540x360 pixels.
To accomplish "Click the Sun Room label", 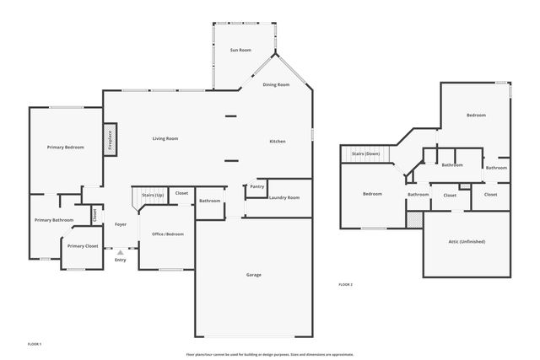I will pyautogui.click(x=240, y=51).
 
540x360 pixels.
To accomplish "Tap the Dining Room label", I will pyautogui.click(x=276, y=85).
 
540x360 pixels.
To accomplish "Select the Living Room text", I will pyautogui.click(x=165, y=138).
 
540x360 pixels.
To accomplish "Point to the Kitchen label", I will pyautogui.click(x=277, y=141).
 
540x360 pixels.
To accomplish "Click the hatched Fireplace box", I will pyautogui.click(x=110, y=140).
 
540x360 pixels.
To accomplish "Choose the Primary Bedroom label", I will pyautogui.click(x=65, y=148).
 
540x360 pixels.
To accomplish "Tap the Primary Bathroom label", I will pyautogui.click(x=53, y=220).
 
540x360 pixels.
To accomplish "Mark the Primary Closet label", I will pyautogui.click(x=82, y=246).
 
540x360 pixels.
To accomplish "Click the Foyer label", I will pyautogui.click(x=121, y=224).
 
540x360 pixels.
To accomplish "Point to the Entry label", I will pyautogui.click(x=120, y=260).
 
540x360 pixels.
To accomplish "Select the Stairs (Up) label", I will pyautogui.click(x=153, y=194).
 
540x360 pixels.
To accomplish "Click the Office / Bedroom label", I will pyautogui.click(x=167, y=234).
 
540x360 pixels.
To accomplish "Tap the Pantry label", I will pyautogui.click(x=257, y=186).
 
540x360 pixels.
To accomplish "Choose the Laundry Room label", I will pyautogui.click(x=283, y=197).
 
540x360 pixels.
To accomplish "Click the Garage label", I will pyautogui.click(x=253, y=275).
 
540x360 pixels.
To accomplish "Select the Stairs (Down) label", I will pyautogui.click(x=366, y=153).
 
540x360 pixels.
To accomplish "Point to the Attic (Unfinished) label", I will pyautogui.click(x=466, y=242).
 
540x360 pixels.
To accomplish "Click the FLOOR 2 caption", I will pyautogui.click(x=345, y=285).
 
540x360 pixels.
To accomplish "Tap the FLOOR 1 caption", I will pyautogui.click(x=35, y=344).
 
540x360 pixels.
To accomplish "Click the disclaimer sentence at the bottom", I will pyautogui.click(x=269, y=353).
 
